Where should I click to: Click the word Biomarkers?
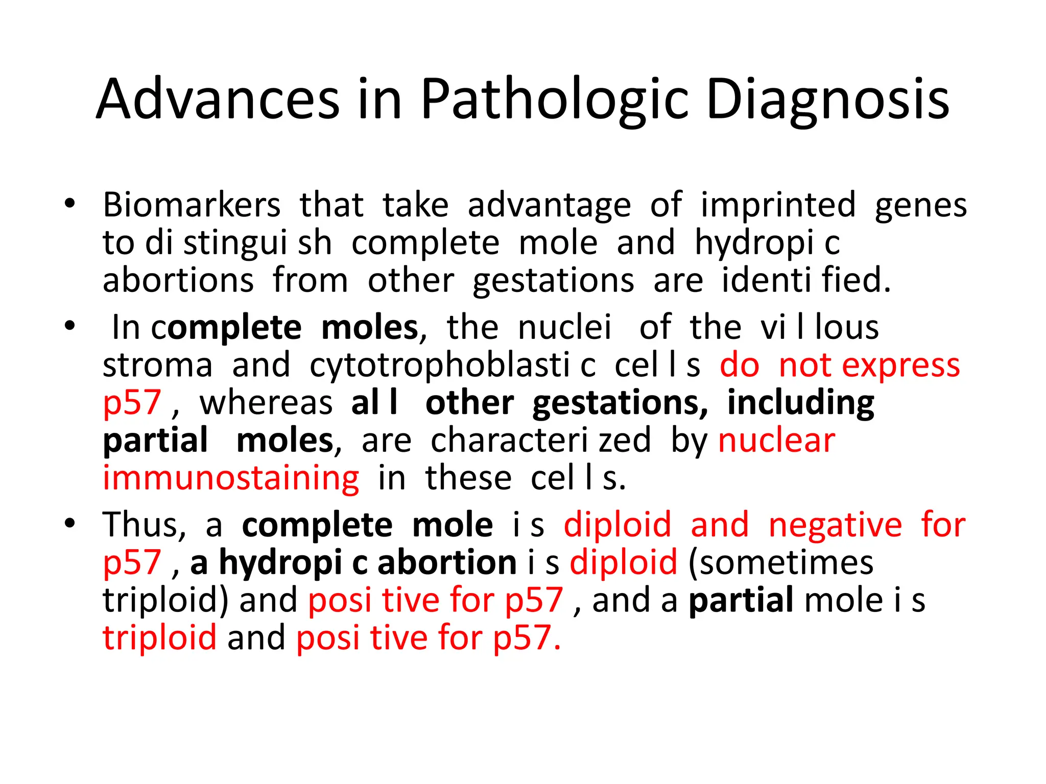click(192, 205)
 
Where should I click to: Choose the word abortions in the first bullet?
click(178, 281)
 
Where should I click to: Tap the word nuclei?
click(564, 327)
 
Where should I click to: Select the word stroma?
click(157, 365)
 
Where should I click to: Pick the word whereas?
click(266, 403)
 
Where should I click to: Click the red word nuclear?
click(776, 441)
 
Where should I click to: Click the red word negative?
click(835, 525)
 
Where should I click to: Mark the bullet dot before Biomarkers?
click(70, 204)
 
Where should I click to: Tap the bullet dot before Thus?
click(70, 524)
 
